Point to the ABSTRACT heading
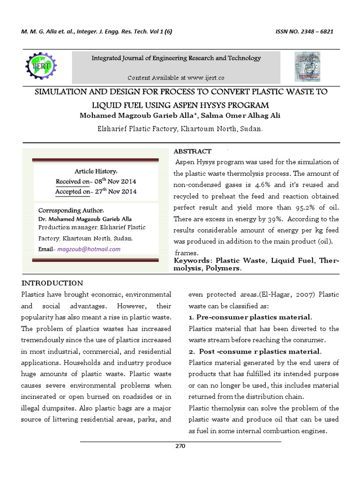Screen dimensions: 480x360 (193, 151)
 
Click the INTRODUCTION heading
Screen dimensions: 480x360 (52, 283)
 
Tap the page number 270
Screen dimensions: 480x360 (180, 446)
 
